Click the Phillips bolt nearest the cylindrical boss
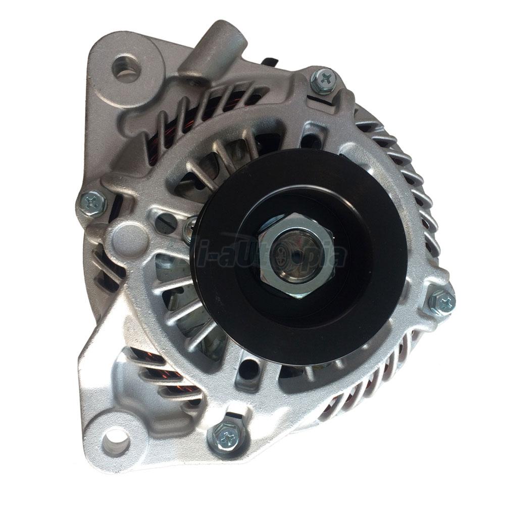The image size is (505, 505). click(x=323, y=80)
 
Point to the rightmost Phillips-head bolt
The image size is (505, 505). click(x=443, y=302)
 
